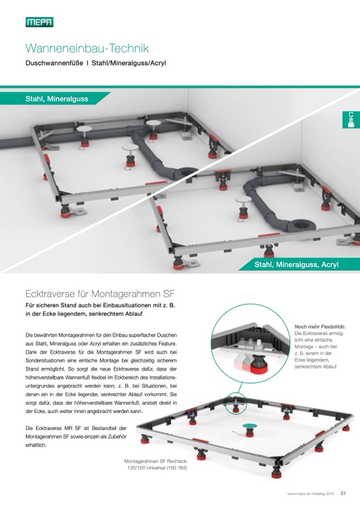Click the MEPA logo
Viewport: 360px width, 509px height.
[39, 22]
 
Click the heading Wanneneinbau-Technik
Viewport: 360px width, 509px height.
[87, 48]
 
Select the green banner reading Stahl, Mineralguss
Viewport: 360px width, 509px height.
[55, 99]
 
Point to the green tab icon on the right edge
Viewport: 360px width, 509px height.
[351, 119]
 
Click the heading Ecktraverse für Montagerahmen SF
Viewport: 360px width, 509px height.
[100, 295]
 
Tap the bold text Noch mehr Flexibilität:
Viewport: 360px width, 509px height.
[320, 326]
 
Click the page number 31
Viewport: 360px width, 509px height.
[343, 493]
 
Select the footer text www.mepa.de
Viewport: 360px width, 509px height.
[296, 494]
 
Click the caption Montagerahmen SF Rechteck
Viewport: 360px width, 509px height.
[156, 461]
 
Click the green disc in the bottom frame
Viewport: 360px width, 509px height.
[249, 426]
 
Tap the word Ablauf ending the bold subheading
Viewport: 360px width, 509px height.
[134, 314]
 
